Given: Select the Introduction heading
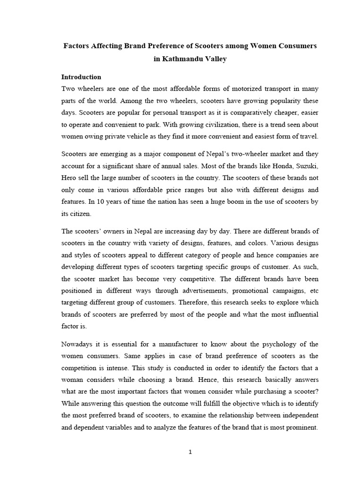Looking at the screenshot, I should pyautogui.click(x=81, y=77).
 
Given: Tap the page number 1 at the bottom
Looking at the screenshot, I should pyautogui.click(x=190, y=452).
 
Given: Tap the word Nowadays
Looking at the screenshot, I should pyautogui.click(x=78, y=344).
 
